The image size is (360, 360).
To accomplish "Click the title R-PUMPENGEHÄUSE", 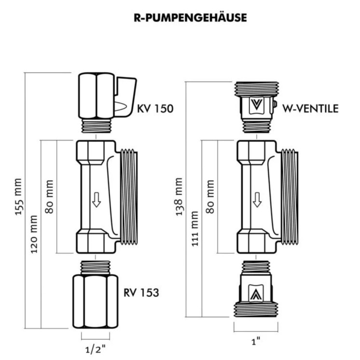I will coord(190,18).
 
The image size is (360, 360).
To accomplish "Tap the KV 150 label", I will coord(155,108).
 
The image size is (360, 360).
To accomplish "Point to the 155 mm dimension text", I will coord(18,197).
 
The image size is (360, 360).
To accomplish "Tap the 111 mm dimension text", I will coord(195,229).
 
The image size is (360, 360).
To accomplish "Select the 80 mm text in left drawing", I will coord(50,196).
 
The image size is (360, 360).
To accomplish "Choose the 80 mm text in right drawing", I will coord(210,196).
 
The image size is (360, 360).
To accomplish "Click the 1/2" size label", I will coord(95,346).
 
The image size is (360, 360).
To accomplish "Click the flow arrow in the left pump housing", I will coord(97,199).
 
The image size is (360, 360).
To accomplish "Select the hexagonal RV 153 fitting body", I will coord(95,301).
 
